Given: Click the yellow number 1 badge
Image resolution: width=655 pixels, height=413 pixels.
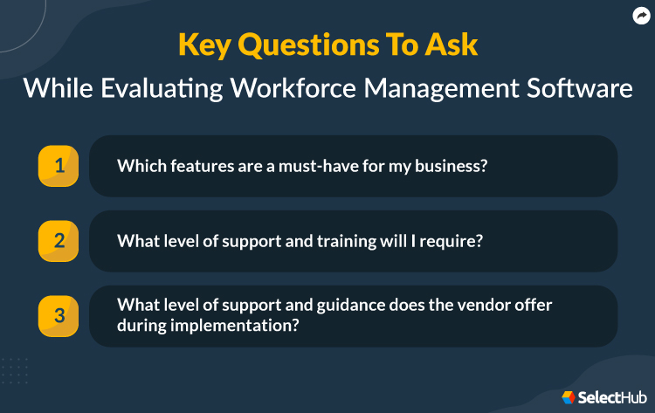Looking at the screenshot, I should (59, 166).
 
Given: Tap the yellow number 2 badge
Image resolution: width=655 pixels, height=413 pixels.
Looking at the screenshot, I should (59, 241).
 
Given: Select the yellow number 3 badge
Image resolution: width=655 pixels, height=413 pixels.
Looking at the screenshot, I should (59, 315).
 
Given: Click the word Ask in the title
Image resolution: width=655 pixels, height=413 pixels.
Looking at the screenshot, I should (453, 46).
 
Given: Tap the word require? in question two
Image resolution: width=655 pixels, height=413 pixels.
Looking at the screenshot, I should (451, 240).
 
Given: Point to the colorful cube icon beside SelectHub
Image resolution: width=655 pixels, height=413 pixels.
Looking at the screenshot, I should (569, 397).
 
